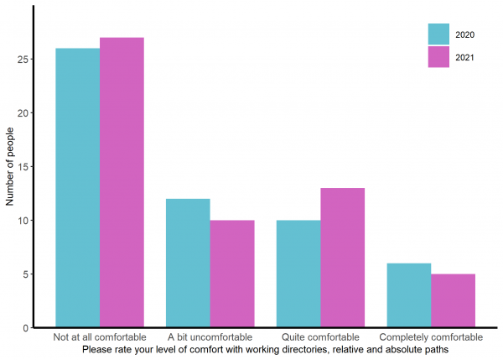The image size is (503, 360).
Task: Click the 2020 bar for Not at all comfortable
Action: (x=77, y=188)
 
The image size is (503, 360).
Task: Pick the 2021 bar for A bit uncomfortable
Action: (x=232, y=274)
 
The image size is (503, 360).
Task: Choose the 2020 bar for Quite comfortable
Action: (x=298, y=274)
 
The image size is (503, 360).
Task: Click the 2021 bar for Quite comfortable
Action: (x=342, y=258)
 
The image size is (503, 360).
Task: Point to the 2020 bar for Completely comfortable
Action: (x=409, y=295)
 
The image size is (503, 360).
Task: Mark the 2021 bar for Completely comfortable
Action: (x=453, y=300)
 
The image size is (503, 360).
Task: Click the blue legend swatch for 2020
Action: (x=439, y=34)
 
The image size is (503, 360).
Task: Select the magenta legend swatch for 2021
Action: (x=439, y=56)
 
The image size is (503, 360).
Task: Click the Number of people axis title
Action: (x=11, y=166)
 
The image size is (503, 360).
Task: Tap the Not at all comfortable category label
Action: (x=99, y=337)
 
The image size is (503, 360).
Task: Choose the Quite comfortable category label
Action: (x=320, y=337)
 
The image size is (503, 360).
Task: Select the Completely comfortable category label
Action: (x=431, y=337)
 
